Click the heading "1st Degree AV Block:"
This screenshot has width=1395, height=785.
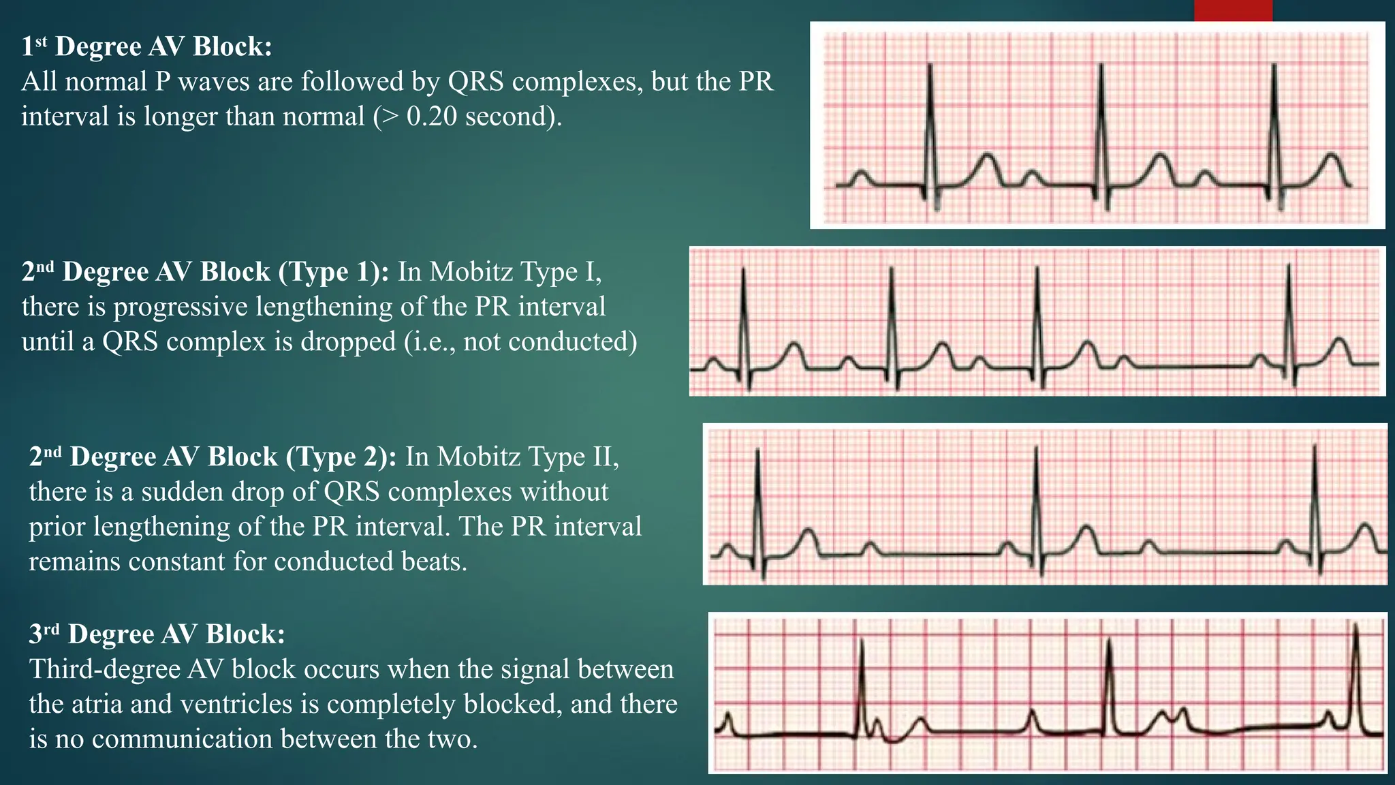coord(146,46)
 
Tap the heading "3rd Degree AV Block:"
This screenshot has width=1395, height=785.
coord(157,634)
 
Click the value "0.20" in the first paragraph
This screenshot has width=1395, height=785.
coord(431,117)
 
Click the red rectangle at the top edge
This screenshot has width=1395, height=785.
coord(1233,10)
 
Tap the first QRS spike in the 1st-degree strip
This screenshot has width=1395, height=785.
coord(930,123)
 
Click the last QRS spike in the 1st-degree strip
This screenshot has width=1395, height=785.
coord(1274,123)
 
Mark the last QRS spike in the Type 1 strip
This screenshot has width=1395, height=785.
coord(1289,313)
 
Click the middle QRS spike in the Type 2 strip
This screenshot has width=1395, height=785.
coord(1036,497)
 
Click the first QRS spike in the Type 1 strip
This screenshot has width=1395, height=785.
coord(744,313)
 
